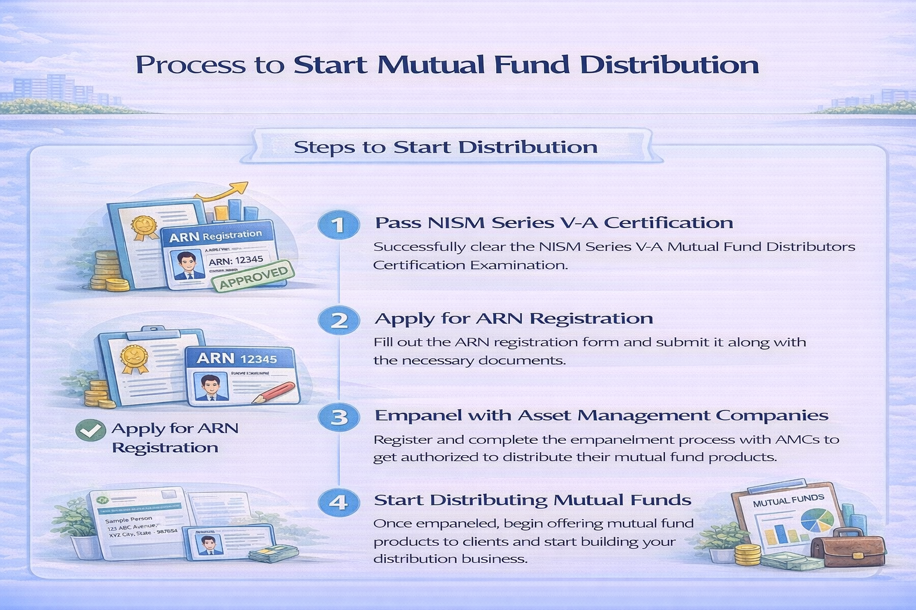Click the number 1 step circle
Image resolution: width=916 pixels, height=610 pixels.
[x=339, y=225]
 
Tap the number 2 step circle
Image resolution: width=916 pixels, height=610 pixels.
[x=339, y=320]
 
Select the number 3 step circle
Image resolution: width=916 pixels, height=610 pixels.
[x=339, y=417]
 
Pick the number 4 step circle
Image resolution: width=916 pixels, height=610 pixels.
[x=339, y=502]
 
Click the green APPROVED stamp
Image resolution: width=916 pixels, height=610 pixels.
[x=253, y=276]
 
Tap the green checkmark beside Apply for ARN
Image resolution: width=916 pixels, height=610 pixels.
[x=91, y=430]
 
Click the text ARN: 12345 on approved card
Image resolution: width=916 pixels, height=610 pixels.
[x=236, y=260]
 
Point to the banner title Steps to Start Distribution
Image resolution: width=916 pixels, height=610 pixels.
[x=445, y=147]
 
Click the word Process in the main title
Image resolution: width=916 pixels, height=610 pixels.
[x=190, y=65]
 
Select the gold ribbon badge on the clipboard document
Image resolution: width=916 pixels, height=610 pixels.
[x=134, y=358]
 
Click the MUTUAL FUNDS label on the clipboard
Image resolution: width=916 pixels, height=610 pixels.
[x=788, y=500]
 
